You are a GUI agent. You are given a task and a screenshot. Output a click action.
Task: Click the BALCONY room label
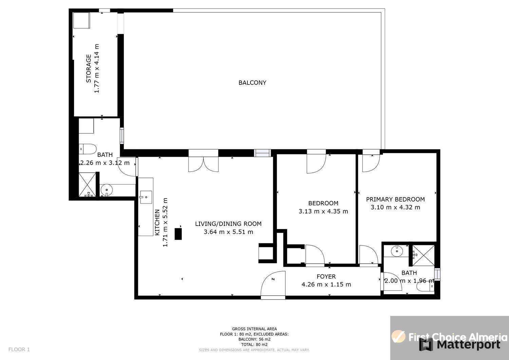tap(252, 83)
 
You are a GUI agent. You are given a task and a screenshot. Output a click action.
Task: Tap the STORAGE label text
tap(88, 69)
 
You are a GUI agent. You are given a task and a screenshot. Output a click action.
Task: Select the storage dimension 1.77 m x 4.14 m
tap(97, 69)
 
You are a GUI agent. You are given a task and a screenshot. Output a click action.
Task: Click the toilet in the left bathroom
tap(88, 149)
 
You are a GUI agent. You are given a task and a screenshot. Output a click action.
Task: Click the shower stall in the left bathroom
tap(87, 184)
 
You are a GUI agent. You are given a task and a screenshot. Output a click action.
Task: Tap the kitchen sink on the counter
tap(146, 197)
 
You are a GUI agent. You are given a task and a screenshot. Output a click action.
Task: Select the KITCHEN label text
tap(157, 223)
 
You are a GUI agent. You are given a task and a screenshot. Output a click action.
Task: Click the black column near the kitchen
tap(178, 234)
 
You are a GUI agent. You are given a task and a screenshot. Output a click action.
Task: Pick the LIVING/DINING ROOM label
tap(228, 224)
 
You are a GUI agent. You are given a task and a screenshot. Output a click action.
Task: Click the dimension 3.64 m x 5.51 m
tap(228, 232)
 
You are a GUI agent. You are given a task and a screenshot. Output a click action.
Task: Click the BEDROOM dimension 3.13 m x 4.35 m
tap(323, 211)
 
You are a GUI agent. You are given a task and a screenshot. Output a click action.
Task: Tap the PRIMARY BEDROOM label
tap(395, 199)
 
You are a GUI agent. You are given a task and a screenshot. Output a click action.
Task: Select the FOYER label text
tap(326, 277)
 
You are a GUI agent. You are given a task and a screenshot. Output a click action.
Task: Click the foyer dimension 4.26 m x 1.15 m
tap(326, 285)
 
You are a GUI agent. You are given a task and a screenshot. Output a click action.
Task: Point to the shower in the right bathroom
tap(423, 255)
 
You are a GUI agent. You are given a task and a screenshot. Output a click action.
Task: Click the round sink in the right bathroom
tap(397, 251)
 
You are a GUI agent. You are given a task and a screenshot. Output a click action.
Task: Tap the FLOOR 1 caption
tap(19, 349)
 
